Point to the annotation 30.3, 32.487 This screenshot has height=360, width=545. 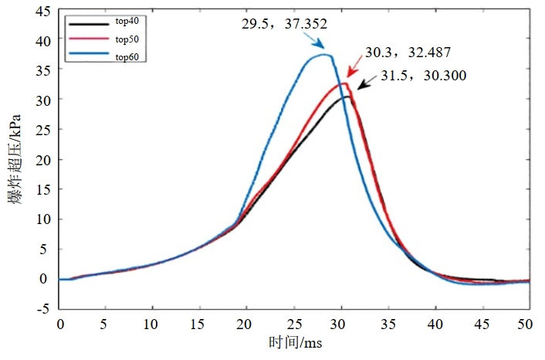pos(408,53)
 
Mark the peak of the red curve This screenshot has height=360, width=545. pos(344,83)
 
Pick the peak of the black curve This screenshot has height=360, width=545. pos(348,97)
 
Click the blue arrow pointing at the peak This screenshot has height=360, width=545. pos(317,41)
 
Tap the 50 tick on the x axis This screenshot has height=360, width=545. pos(530,323)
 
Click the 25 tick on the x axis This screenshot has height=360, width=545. pos(295,323)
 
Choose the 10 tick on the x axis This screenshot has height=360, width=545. pos(154,323)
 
